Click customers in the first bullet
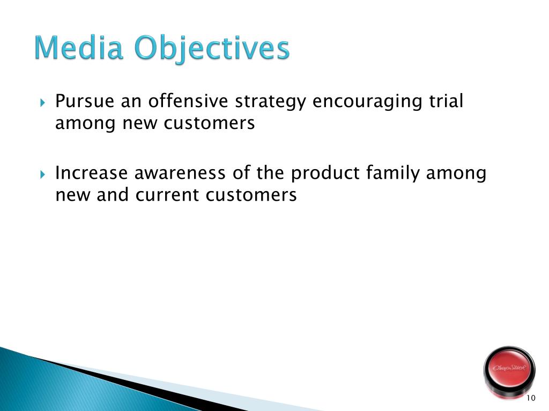click(x=209, y=123)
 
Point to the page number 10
click(x=531, y=398)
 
